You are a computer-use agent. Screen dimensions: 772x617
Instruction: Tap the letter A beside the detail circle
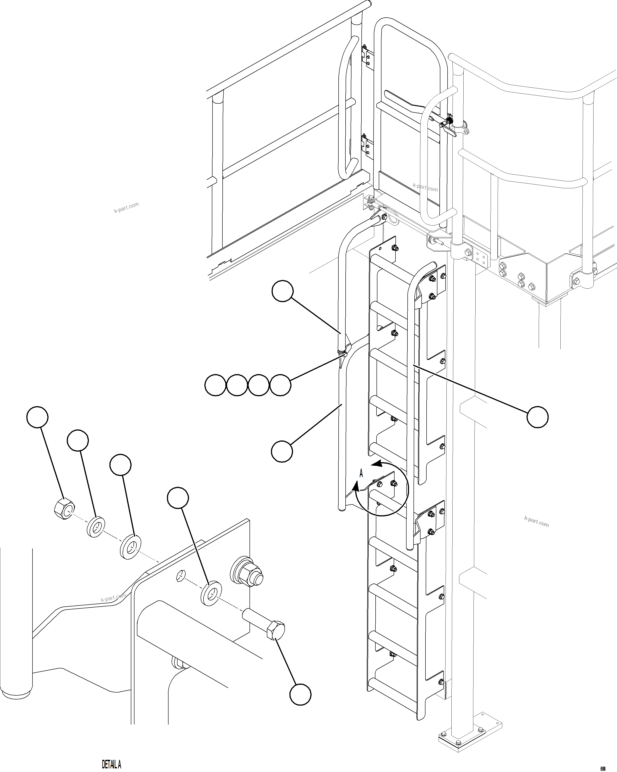(361, 474)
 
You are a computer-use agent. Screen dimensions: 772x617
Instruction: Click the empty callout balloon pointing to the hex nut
(37, 417)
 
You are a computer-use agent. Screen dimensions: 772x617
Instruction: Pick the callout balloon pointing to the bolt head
(300, 695)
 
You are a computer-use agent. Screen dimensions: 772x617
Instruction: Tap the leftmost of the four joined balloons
(215, 385)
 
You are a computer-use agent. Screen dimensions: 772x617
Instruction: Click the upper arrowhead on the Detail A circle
(376, 464)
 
